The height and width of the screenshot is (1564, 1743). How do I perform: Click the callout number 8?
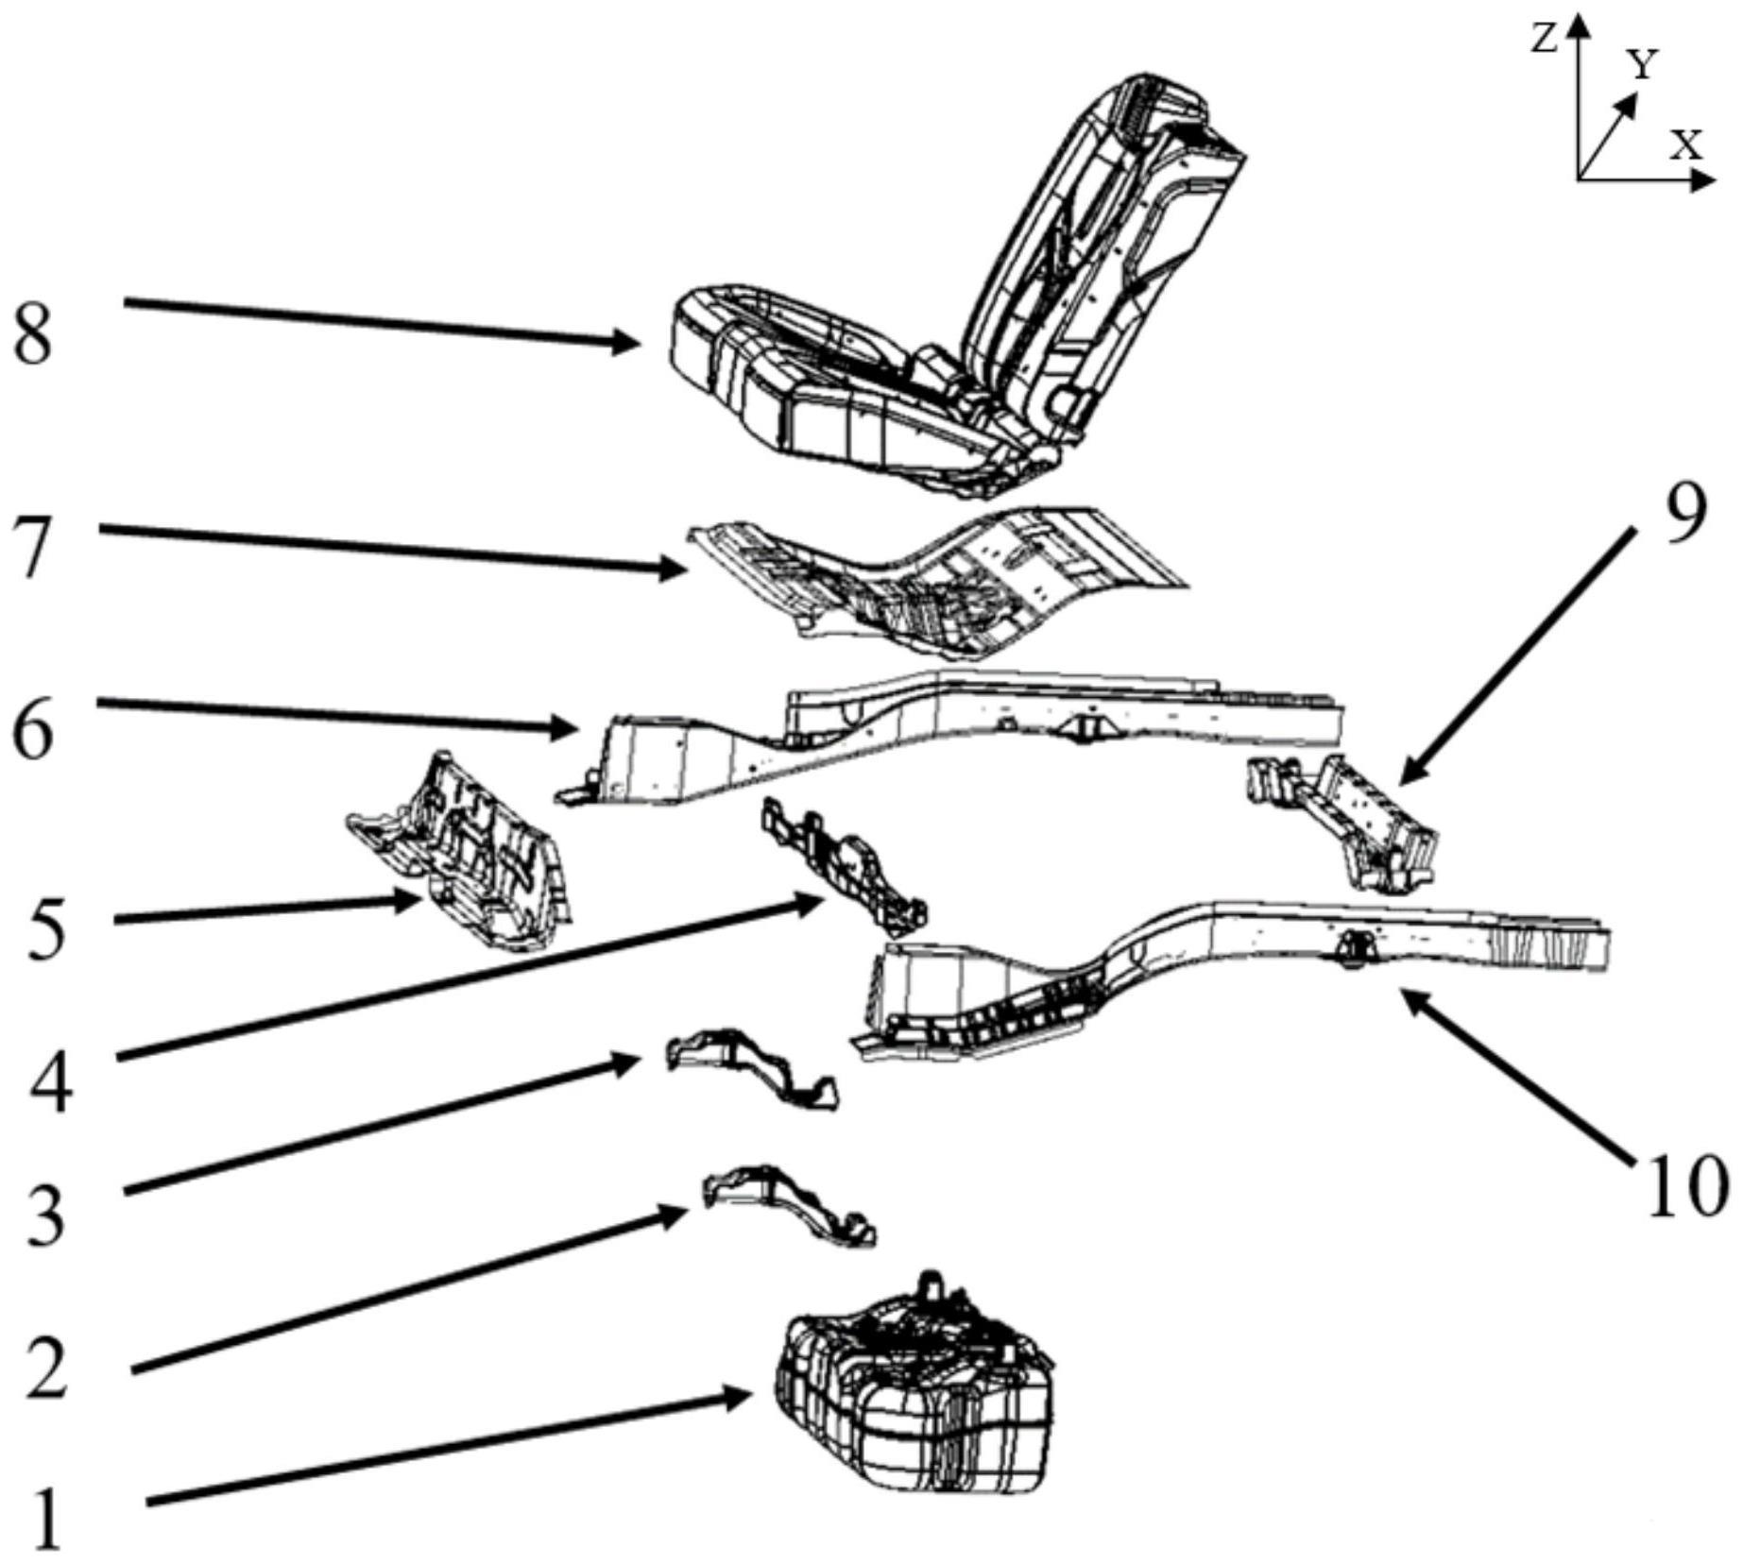click(32, 335)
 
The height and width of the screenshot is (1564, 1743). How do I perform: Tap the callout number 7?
click(33, 550)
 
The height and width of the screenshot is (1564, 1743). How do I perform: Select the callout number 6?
click(33, 728)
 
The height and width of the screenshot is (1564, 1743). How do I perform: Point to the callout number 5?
click(45, 929)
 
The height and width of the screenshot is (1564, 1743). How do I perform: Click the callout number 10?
click(1687, 1185)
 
